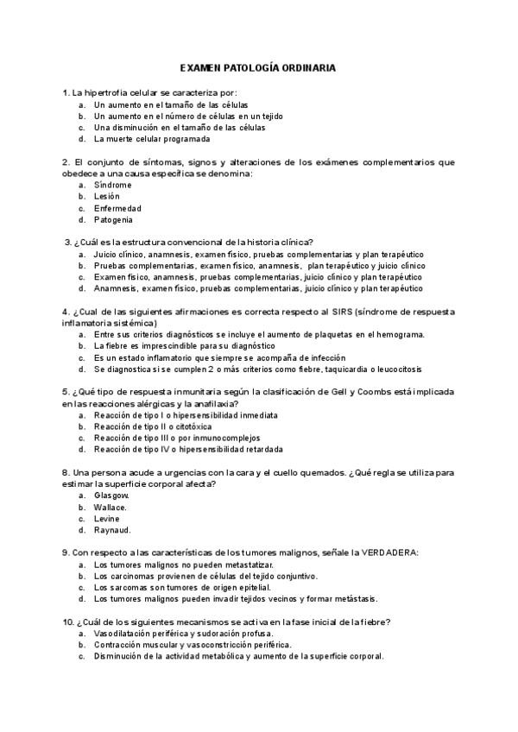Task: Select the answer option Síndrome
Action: [x=112, y=185]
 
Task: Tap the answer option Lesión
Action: [x=107, y=196]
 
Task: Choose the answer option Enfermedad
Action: [x=117, y=208]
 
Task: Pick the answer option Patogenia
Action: [x=113, y=219]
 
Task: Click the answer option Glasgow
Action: [x=111, y=495]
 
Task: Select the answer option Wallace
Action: [x=111, y=507]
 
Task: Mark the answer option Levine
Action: [x=107, y=519]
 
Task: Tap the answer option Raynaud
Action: [x=112, y=530]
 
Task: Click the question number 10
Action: [x=68, y=622]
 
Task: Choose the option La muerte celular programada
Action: [x=151, y=139]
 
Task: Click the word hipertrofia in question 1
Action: [x=110, y=92]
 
